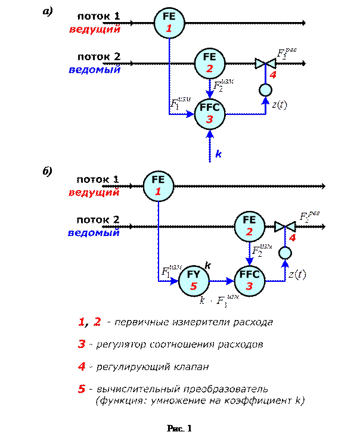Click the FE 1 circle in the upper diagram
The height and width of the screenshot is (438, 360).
coord(169,23)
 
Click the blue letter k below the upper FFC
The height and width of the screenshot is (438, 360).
coord(218,154)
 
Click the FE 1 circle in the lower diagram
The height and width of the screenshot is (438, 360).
coord(158,185)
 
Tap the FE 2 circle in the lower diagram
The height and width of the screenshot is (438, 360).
coord(249,225)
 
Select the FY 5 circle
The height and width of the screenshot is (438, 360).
coord(194,279)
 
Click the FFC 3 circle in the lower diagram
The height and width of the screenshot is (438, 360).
coord(250,279)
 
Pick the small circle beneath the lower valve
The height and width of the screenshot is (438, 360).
coord(285,253)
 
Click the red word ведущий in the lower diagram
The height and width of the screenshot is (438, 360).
coord(94,192)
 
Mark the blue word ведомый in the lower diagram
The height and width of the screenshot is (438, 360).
coord(94,232)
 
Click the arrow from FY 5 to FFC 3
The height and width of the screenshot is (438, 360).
coord(221,279)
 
